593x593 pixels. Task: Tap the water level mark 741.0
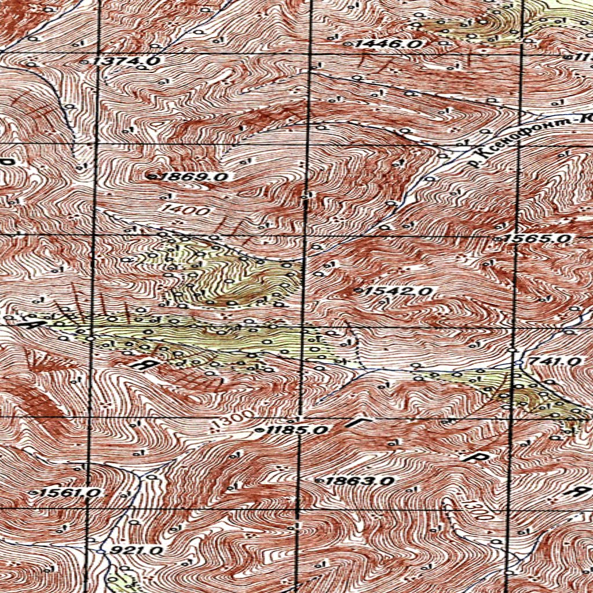coord(555,361)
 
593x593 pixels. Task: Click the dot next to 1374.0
coord(85,61)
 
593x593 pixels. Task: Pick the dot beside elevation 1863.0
coord(319,481)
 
